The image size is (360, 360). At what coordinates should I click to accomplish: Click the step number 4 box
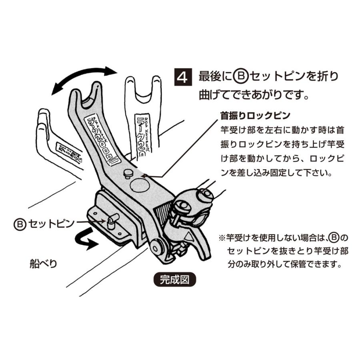click(x=183, y=76)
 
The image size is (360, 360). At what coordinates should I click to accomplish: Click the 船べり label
click(x=44, y=264)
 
